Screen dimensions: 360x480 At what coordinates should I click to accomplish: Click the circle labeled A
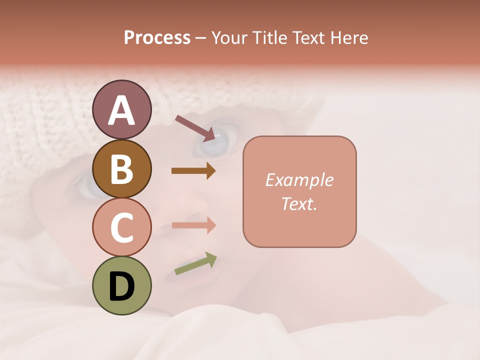121,110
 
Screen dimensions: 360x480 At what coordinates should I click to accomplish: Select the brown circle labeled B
121,168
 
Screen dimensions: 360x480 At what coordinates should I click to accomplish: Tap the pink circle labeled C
121,227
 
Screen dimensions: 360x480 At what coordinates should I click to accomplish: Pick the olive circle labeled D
121,285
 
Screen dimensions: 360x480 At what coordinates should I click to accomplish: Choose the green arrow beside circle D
195,263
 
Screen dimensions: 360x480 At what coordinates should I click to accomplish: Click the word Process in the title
157,38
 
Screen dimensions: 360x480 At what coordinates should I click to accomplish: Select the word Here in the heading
349,38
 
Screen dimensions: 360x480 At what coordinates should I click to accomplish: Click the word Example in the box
299,180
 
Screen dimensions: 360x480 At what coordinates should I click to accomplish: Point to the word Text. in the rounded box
299,203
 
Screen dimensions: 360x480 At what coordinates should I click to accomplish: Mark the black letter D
121,286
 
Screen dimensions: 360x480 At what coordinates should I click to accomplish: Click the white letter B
121,169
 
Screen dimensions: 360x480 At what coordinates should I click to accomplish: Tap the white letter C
121,228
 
